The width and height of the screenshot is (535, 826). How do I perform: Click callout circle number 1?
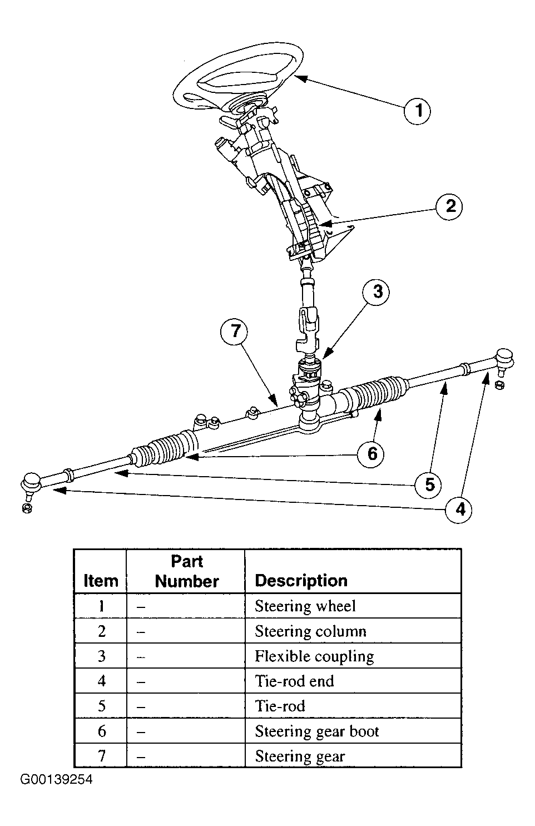click(418, 111)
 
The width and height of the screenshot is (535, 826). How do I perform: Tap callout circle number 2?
click(450, 206)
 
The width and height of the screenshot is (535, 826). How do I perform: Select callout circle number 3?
click(376, 292)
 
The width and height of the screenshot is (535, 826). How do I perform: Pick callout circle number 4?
click(459, 510)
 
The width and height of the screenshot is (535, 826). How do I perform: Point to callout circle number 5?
click(429, 484)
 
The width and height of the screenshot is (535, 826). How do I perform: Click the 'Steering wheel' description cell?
click(353, 606)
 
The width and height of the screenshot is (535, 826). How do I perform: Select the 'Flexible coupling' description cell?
click(353, 656)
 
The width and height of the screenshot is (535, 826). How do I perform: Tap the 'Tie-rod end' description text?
click(294, 681)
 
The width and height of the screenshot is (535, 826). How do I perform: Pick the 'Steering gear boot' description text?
click(317, 732)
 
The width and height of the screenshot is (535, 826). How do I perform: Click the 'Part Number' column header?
click(186, 571)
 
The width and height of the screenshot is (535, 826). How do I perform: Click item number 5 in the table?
click(101, 706)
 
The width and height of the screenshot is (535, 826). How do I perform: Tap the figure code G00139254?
click(56, 779)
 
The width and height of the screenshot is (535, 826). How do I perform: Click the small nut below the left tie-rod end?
click(27, 508)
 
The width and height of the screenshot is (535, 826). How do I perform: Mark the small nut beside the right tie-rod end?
click(499, 385)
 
